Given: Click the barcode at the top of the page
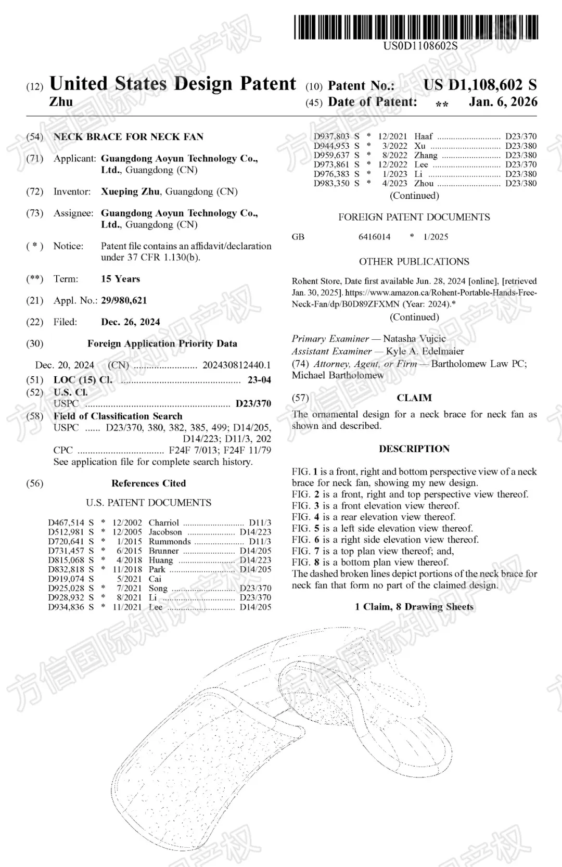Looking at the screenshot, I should (x=416, y=27).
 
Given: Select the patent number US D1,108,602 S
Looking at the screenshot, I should (x=479, y=85).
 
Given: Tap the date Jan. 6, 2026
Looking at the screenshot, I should (x=503, y=101).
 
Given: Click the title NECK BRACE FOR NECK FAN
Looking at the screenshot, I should (x=129, y=137).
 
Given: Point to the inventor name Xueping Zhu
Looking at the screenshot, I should (x=130, y=192).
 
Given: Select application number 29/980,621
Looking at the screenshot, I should (x=124, y=300).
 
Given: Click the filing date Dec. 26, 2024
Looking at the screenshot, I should (x=130, y=322).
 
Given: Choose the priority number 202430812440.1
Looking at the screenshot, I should (x=236, y=365).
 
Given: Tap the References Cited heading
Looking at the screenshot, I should (x=148, y=483).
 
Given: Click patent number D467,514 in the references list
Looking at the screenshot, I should (x=66, y=522).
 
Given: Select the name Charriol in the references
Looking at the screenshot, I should (x=163, y=522).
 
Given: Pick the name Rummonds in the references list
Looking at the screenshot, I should (x=170, y=541).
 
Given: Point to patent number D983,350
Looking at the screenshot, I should (x=331, y=183).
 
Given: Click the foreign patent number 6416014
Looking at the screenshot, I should (x=374, y=237).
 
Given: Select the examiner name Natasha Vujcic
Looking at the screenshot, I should (x=414, y=339).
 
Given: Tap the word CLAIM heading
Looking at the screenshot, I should (x=414, y=398).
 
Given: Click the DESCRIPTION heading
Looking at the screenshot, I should (x=414, y=449).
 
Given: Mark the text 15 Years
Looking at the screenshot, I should (x=120, y=279).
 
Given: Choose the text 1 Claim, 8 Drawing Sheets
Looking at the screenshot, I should (x=414, y=607).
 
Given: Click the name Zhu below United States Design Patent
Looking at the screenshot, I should (x=61, y=102).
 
